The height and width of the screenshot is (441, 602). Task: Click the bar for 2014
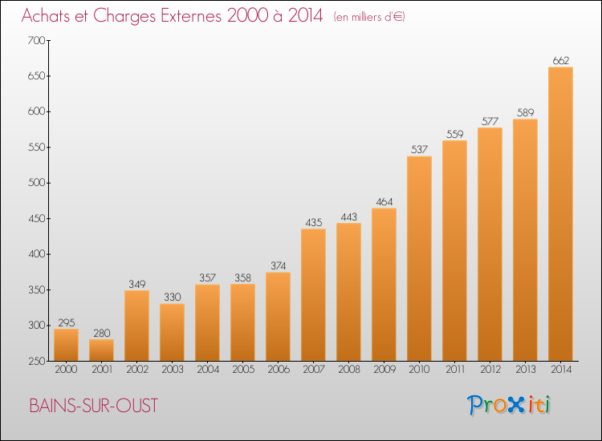click(x=560, y=213)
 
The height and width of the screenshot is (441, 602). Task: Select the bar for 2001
click(x=101, y=350)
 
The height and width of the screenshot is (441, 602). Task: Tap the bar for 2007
click(x=313, y=294)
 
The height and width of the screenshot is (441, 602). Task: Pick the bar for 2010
click(x=419, y=258)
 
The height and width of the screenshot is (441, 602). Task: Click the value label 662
click(x=560, y=60)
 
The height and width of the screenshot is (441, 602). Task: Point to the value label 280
click(x=101, y=333)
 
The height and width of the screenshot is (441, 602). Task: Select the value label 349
click(x=136, y=284)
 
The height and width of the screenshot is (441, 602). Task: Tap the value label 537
click(x=419, y=150)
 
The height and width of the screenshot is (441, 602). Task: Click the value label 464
click(x=384, y=202)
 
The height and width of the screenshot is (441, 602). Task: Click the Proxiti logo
click(x=508, y=405)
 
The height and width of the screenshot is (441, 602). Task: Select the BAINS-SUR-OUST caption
click(x=93, y=406)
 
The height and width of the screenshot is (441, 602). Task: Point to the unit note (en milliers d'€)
click(x=368, y=17)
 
